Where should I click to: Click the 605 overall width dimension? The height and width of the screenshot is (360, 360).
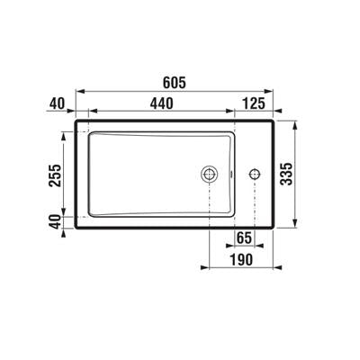(x=175, y=83)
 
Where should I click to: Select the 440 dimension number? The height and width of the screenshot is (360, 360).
(x=162, y=103)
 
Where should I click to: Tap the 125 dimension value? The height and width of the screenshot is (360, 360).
(x=254, y=103)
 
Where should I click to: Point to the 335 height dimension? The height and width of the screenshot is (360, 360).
(x=286, y=174)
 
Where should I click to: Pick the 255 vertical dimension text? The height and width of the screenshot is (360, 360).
(x=55, y=175)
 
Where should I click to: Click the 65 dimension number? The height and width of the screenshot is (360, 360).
(x=244, y=238)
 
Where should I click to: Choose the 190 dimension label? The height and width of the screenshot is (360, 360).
(x=241, y=259)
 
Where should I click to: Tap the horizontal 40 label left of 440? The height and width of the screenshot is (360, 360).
(x=57, y=103)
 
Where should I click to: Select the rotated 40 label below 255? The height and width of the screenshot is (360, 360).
(x=55, y=222)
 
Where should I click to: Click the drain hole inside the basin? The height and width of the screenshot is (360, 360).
(x=209, y=174)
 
